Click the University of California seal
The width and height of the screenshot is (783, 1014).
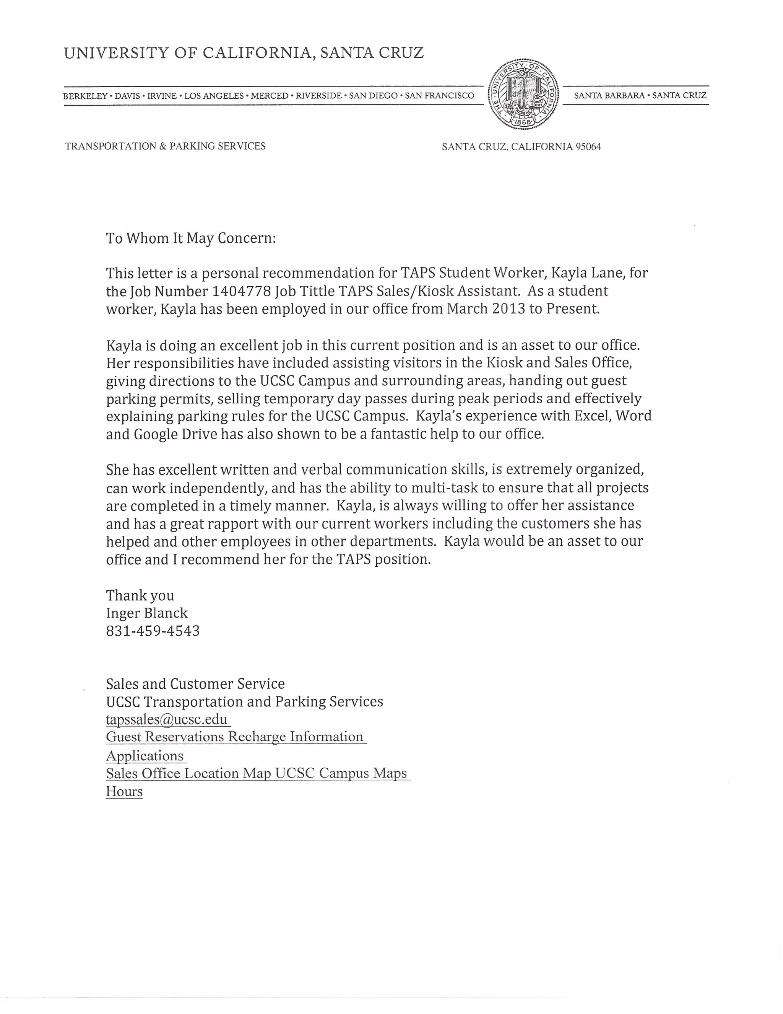[523, 95]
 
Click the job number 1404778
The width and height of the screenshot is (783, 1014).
[241, 291]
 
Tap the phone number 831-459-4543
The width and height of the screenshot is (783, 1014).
[153, 631]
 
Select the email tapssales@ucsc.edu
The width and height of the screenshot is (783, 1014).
[167, 719]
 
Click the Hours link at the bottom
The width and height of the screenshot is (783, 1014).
[124, 791]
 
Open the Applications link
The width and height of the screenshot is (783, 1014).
[145, 755]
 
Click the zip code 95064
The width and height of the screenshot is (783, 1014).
[588, 147]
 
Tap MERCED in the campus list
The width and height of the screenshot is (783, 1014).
[270, 96]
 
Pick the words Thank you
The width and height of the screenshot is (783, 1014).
[140, 595]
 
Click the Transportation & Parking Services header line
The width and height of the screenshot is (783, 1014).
[165, 146]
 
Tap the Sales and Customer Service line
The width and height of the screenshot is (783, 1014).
[195, 684]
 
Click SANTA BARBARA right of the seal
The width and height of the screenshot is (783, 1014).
[609, 96]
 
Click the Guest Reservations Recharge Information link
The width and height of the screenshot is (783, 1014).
[234, 737]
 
